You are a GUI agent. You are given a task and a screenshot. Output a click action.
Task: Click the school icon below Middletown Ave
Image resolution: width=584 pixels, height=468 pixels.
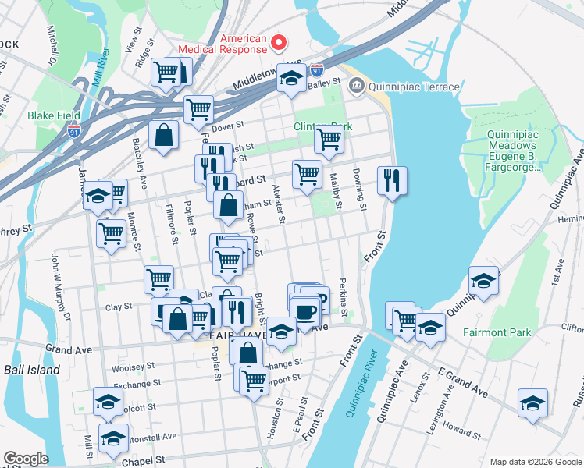pos(291,78)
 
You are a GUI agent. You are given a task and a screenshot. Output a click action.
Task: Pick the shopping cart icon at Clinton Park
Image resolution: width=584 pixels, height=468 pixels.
pos(329,140)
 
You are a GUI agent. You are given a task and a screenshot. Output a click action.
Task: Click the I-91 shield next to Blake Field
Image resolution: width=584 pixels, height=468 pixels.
pos(73,132)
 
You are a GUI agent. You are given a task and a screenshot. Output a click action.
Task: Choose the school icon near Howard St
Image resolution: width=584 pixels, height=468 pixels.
pos(532,403)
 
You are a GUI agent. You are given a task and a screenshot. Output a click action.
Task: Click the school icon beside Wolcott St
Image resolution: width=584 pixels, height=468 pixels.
pos(108,402)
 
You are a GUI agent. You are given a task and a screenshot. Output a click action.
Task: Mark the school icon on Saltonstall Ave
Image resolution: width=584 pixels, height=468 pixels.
pos(114,438)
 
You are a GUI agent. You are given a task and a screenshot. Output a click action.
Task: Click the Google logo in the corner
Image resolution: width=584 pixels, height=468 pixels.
pos(25,459)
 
